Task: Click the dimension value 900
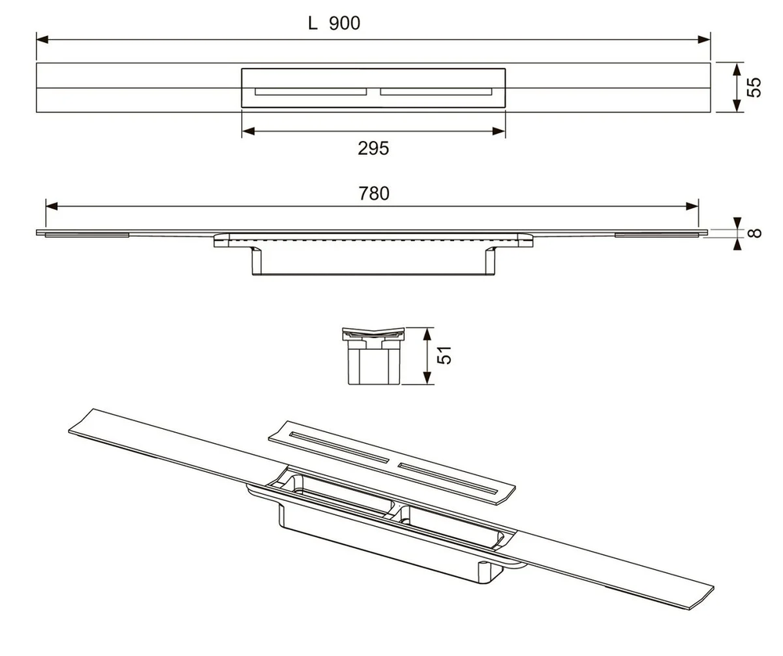pos(345,23)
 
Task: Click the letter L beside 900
pos(312,23)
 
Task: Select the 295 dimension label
pos(373,148)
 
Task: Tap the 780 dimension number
pos(374,193)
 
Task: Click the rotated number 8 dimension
pos(755,232)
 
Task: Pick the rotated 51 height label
pos(444,355)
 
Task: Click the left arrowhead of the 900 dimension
pos(42,39)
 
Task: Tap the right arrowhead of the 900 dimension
pos(704,39)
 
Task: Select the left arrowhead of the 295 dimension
pos(249,132)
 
